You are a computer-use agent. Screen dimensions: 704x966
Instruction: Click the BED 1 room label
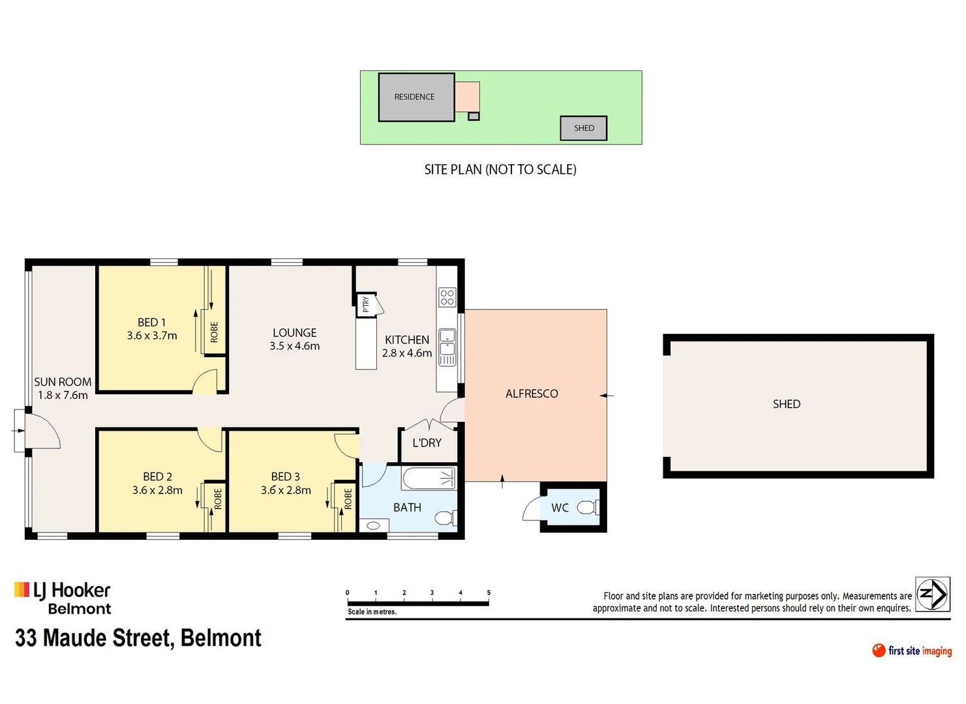tap(151, 322)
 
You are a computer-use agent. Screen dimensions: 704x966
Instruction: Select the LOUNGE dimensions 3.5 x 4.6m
tap(295, 346)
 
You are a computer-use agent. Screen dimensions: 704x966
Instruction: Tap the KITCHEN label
tap(407, 340)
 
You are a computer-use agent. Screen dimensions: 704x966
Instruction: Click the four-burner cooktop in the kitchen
tap(447, 297)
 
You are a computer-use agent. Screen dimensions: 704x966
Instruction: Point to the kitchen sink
tap(447, 343)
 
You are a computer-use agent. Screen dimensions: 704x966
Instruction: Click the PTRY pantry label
tap(366, 304)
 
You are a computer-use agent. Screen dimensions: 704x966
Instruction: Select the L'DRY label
tap(427, 443)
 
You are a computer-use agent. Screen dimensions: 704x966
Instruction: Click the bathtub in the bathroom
tap(429, 479)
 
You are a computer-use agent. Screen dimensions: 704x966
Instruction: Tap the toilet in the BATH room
tap(444, 518)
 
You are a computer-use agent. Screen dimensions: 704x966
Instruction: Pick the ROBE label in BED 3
tap(348, 499)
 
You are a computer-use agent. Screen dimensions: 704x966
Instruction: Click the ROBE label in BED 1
tap(214, 332)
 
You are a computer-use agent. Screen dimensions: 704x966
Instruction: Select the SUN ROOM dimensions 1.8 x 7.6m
tap(63, 395)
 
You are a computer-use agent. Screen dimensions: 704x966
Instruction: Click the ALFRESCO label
tap(532, 394)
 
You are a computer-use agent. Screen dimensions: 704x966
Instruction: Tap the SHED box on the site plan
tap(584, 128)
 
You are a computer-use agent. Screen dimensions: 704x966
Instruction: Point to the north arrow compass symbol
tap(932, 594)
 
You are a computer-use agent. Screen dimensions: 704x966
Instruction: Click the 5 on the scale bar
tap(489, 593)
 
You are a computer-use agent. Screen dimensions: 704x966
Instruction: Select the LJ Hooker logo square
tap(22, 590)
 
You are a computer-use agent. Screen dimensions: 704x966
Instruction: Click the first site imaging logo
tap(912, 651)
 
